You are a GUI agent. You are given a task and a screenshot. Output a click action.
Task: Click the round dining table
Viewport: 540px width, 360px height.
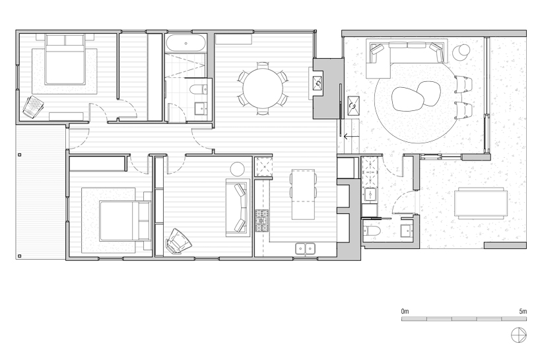click(263, 89)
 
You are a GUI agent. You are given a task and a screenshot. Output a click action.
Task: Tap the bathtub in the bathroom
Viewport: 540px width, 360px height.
click(186, 44)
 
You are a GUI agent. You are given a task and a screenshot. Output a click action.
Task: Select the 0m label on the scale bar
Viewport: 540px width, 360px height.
click(405, 311)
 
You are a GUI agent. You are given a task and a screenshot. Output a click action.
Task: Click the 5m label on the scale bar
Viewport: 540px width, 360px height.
click(523, 311)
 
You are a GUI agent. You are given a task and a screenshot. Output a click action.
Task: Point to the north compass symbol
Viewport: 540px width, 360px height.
click(519, 335)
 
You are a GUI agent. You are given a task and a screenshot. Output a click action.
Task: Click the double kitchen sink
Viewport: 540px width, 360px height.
click(305, 248)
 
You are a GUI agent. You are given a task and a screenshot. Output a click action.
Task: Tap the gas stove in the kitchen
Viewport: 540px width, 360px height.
click(261, 221)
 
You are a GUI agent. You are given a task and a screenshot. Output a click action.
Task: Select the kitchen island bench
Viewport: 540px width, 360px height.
click(303, 194)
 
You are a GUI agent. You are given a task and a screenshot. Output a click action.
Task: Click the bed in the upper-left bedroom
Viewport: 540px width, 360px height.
click(65, 59)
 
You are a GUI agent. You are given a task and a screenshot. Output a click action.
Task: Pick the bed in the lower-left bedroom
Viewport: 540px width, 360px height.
click(125, 221)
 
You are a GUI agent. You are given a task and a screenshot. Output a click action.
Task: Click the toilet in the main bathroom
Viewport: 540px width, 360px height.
click(199, 90)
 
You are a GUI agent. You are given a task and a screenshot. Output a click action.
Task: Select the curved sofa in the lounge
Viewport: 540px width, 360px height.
click(238, 207)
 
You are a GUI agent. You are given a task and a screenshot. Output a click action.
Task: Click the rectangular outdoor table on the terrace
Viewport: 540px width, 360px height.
click(481, 203)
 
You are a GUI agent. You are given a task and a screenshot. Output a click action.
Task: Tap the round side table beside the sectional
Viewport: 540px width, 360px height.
click(461, 52)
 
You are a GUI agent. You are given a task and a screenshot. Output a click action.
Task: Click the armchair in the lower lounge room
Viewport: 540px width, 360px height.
click(178, 241)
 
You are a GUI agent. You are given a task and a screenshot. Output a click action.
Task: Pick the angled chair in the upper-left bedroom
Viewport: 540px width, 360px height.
click(33, 107)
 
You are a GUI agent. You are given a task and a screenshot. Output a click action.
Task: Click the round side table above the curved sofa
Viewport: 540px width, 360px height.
click(237, 169)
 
